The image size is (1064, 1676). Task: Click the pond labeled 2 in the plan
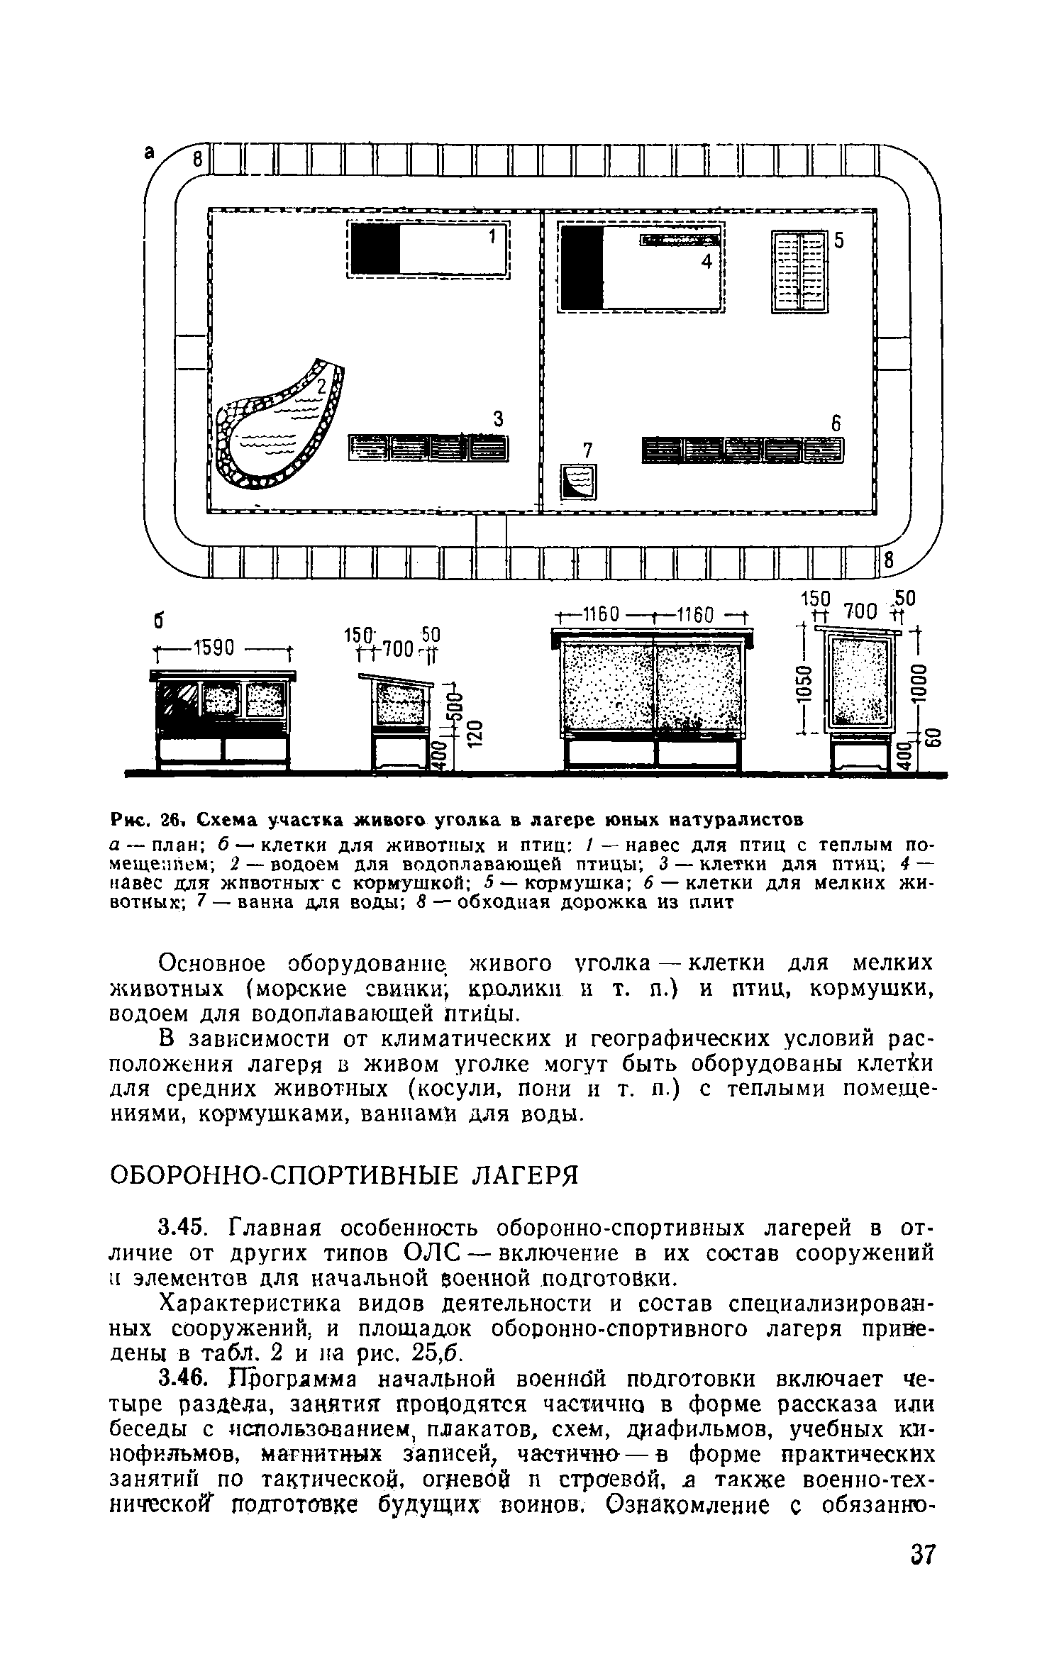point(277,429)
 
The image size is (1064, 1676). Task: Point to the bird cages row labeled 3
point(429,448)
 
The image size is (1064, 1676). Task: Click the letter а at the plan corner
point(150,152)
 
